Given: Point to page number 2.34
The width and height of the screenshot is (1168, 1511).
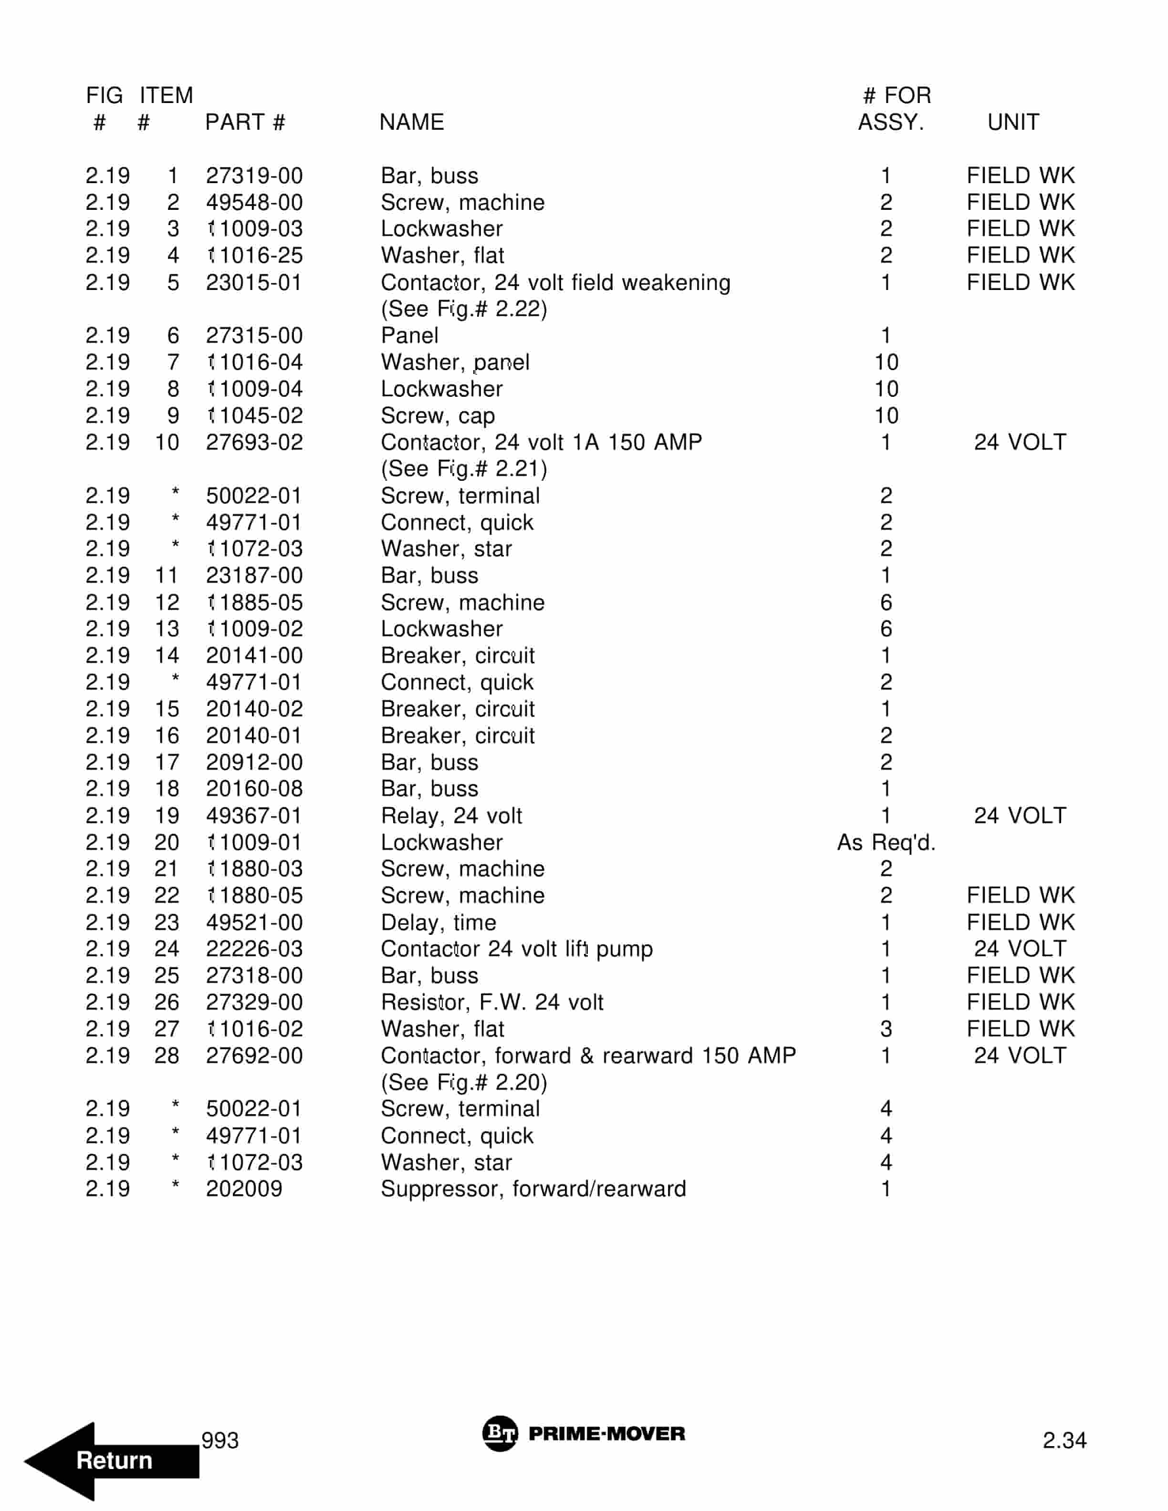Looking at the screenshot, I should click(1064, 1440).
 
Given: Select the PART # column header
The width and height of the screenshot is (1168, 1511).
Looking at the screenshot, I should click(245, 123).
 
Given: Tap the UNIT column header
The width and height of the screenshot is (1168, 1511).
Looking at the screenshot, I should click(1012, 123).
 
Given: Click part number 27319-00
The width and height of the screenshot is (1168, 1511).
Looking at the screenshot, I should click(254, 176).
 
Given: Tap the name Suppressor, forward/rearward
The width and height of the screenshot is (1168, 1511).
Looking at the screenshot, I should click(533, 1189).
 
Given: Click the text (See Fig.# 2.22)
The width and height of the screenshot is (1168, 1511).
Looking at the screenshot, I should click(464, 309).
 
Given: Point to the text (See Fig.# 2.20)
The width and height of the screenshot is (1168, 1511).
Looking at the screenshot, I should click(464, 1082).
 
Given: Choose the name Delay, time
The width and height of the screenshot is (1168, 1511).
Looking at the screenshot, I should click(438, 922).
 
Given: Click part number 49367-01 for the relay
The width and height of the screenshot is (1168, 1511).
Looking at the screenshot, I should click(253, 816).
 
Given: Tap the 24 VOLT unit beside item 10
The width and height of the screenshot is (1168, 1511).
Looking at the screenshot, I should click(1020, 442).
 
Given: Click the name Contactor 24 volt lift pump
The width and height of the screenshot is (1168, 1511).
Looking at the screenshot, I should click(516, 949).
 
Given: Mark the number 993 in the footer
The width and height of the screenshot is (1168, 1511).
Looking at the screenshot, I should click(219, 1440).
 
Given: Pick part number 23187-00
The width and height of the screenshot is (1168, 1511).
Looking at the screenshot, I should click(254, 576).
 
